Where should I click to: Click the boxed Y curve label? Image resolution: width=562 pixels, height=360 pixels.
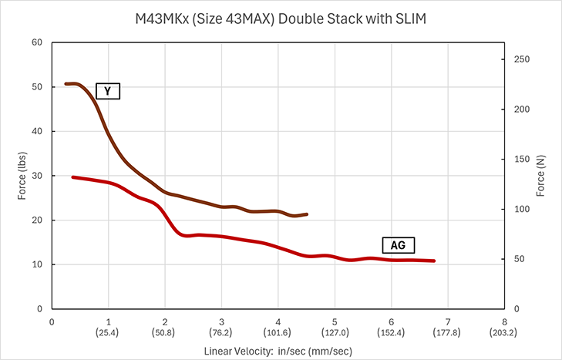pos(108,91)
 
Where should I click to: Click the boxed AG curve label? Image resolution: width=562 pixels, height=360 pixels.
pos(399,245)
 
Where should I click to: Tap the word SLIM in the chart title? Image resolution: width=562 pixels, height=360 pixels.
pos(411,19)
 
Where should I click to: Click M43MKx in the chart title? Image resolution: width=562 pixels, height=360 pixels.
pos(162,19)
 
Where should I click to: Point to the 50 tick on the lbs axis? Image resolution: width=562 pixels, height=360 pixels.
pos(37,87)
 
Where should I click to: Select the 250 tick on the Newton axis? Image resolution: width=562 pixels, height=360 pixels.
pos(521,59)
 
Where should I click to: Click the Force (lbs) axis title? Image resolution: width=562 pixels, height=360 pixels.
pos(22,176)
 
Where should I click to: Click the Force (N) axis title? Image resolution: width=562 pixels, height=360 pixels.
pos(540,176)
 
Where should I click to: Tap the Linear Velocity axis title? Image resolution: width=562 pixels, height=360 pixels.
pos(278,351)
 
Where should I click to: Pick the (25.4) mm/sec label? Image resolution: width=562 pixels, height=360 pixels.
pos(107,333)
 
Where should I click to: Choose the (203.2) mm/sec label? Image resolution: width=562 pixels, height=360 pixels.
pos(503,333)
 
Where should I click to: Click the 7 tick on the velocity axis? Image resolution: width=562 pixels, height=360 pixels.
pos(448,321)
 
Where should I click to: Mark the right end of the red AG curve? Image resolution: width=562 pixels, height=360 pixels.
pos(434,261)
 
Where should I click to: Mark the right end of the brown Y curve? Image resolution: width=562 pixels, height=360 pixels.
pos(307,214)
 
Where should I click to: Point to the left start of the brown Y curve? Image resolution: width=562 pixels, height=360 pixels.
pos(66,84)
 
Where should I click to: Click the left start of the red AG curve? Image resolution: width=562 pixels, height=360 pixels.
pos(72,177)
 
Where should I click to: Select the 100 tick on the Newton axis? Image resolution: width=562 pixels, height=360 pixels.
pos(521,209)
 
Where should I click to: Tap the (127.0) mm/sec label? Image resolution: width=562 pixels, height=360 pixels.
pos(335,333)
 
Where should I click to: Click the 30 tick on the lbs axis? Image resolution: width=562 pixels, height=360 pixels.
pos(37,176)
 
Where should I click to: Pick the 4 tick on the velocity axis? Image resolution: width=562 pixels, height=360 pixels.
pos(278,321)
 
